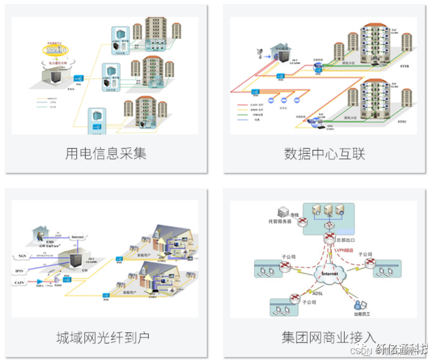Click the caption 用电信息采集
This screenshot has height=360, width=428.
106,154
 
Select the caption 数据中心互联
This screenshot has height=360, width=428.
324,154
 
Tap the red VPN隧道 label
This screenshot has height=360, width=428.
344,250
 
